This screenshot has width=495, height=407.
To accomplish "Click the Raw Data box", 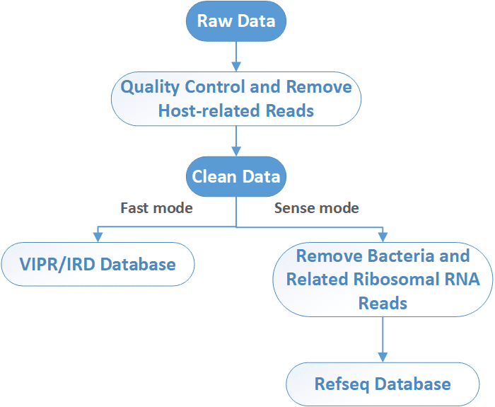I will coord(236,21).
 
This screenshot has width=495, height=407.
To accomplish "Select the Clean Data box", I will coord(236,177).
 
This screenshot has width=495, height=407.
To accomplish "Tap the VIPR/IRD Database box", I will coord(98,265).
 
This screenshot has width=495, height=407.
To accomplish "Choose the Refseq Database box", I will coord(383,384).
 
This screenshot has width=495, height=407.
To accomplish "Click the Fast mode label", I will coord(156,208).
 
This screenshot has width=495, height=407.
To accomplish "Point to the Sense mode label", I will coord(316,208).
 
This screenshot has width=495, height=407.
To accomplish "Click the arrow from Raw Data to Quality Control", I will coord(236,55).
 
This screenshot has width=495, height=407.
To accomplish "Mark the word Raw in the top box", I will coord(213,21).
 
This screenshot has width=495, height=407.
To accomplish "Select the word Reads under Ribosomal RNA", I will coord(383,303).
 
